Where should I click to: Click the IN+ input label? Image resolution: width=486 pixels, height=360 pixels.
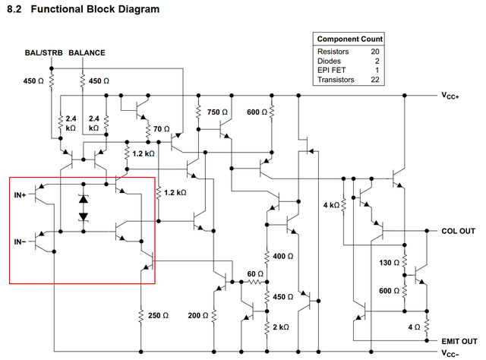tap(20, 195)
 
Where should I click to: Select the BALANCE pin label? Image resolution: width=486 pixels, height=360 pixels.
tap(87, 52)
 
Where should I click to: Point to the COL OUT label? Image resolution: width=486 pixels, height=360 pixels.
tap(458, 231)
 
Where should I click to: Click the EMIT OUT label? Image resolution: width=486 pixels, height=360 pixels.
tap(459, 341)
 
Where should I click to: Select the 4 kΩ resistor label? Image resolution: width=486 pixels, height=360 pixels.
tap(331, 205)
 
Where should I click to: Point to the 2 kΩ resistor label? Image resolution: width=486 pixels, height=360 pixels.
tap(280, 326)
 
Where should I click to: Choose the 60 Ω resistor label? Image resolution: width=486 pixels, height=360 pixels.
tap(254, 273)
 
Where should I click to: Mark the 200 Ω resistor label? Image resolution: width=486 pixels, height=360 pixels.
tap(198, 314)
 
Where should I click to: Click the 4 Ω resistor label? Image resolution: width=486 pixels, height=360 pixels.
tap(414, 327)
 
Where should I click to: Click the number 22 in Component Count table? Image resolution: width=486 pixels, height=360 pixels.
tap(374, 80)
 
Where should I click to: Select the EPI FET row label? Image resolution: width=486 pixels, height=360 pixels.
tap(333, 70)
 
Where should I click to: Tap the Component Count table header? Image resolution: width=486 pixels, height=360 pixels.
tap(349, 39)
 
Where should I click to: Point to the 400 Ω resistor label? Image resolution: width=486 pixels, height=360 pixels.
tap(282, 257)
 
